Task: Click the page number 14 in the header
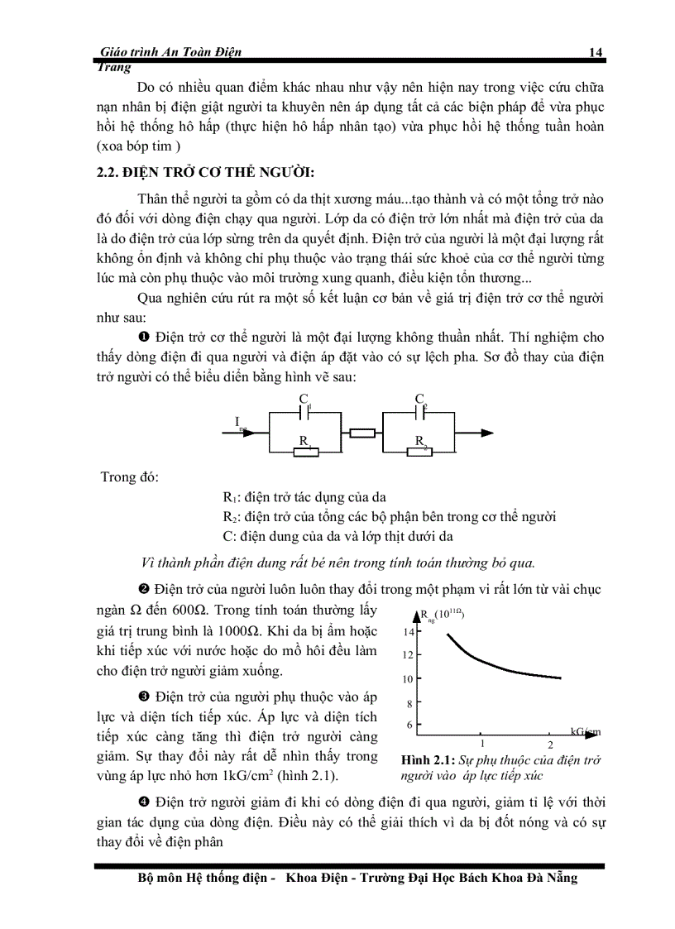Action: click(595, 52)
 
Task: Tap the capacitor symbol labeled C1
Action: click(304, 411)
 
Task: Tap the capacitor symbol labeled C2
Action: click(420, 411)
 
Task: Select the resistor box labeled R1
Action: click(306, 452)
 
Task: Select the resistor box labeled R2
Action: click(420, 452)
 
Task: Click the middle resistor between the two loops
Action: click(363, 432)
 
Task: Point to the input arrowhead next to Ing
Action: click(263, 432)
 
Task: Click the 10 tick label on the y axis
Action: click(408, 679)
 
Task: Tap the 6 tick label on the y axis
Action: click(409, 725)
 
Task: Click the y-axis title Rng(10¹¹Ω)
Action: click(443, 614)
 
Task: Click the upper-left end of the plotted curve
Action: click(448, 634)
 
